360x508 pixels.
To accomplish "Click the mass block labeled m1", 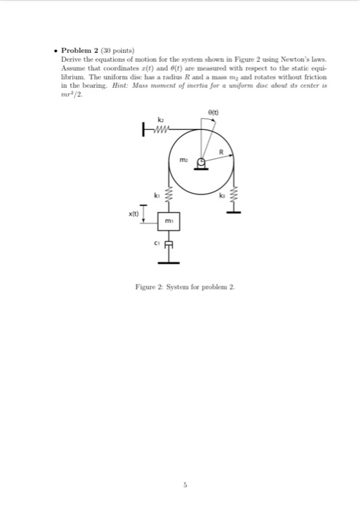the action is click(x=168, y=219).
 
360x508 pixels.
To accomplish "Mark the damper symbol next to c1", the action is click(x=168, y=245).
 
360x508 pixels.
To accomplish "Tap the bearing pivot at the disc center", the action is click(x=201, y=163).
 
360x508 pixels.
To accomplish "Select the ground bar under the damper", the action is click(x=168, y=262).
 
